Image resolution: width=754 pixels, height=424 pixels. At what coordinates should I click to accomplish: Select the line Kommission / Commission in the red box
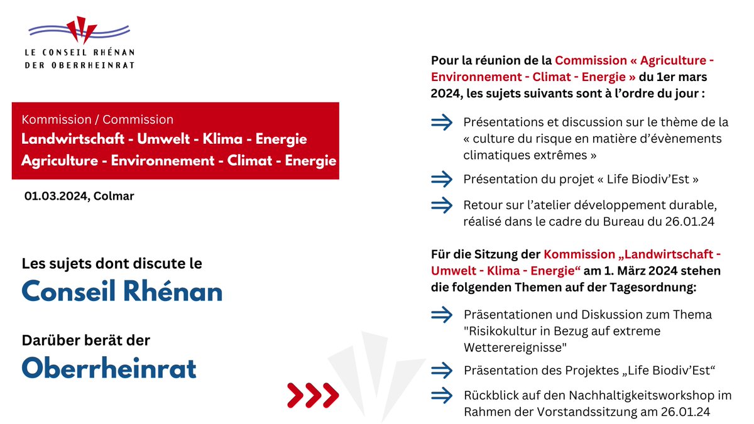(97, 119)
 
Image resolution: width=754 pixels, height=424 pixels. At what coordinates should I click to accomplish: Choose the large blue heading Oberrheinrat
(109, 368)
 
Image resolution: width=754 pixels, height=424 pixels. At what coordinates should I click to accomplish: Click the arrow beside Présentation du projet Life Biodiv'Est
(442, 179)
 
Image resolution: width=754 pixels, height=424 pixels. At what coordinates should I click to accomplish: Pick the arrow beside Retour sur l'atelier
(442, 205)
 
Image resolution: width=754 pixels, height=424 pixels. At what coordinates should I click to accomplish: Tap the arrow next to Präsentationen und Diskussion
(442, 313)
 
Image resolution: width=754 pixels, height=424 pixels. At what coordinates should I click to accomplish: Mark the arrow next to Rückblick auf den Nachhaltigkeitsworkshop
(442, 396)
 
